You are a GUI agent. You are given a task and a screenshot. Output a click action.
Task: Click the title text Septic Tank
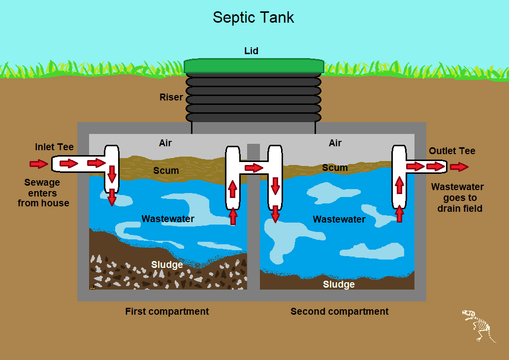(x=253, y=18)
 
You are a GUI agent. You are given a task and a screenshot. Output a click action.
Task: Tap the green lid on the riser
(x=254, y=65)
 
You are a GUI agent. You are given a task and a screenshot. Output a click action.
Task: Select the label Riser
(x=171, y=98)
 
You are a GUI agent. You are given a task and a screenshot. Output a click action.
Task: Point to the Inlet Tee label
(x=54, y=147)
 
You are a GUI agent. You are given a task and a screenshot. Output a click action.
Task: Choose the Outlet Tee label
(x=452, y=151)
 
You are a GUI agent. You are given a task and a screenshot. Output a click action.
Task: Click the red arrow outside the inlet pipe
(x=37, y=164)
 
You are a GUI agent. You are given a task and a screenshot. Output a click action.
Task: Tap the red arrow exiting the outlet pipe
(x=459, y=167)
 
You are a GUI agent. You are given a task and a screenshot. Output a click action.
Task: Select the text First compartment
(x=167, y=312)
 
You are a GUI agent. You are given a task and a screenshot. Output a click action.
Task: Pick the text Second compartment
(x=339, y=312)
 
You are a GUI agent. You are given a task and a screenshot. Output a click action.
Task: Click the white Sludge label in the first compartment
(x=167, y=265)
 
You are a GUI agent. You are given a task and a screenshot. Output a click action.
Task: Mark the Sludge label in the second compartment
(x=339, y=285)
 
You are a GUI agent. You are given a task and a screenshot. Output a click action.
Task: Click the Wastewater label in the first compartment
(x=168, y=219)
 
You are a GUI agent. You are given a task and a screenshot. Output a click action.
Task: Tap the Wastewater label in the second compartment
(x=339, y=219)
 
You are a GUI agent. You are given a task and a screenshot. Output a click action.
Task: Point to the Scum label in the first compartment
(x=166, y=171)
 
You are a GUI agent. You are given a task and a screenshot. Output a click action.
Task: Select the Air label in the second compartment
(x=335, y=143)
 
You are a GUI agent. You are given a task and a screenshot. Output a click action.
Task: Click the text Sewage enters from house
(x=43, y=193)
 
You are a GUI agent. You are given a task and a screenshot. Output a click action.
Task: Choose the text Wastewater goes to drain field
(x=457, y=197)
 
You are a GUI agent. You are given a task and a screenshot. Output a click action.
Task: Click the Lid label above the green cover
(x=251, y=51)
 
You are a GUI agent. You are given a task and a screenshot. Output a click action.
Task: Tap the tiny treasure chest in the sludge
(x=92, y=287)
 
